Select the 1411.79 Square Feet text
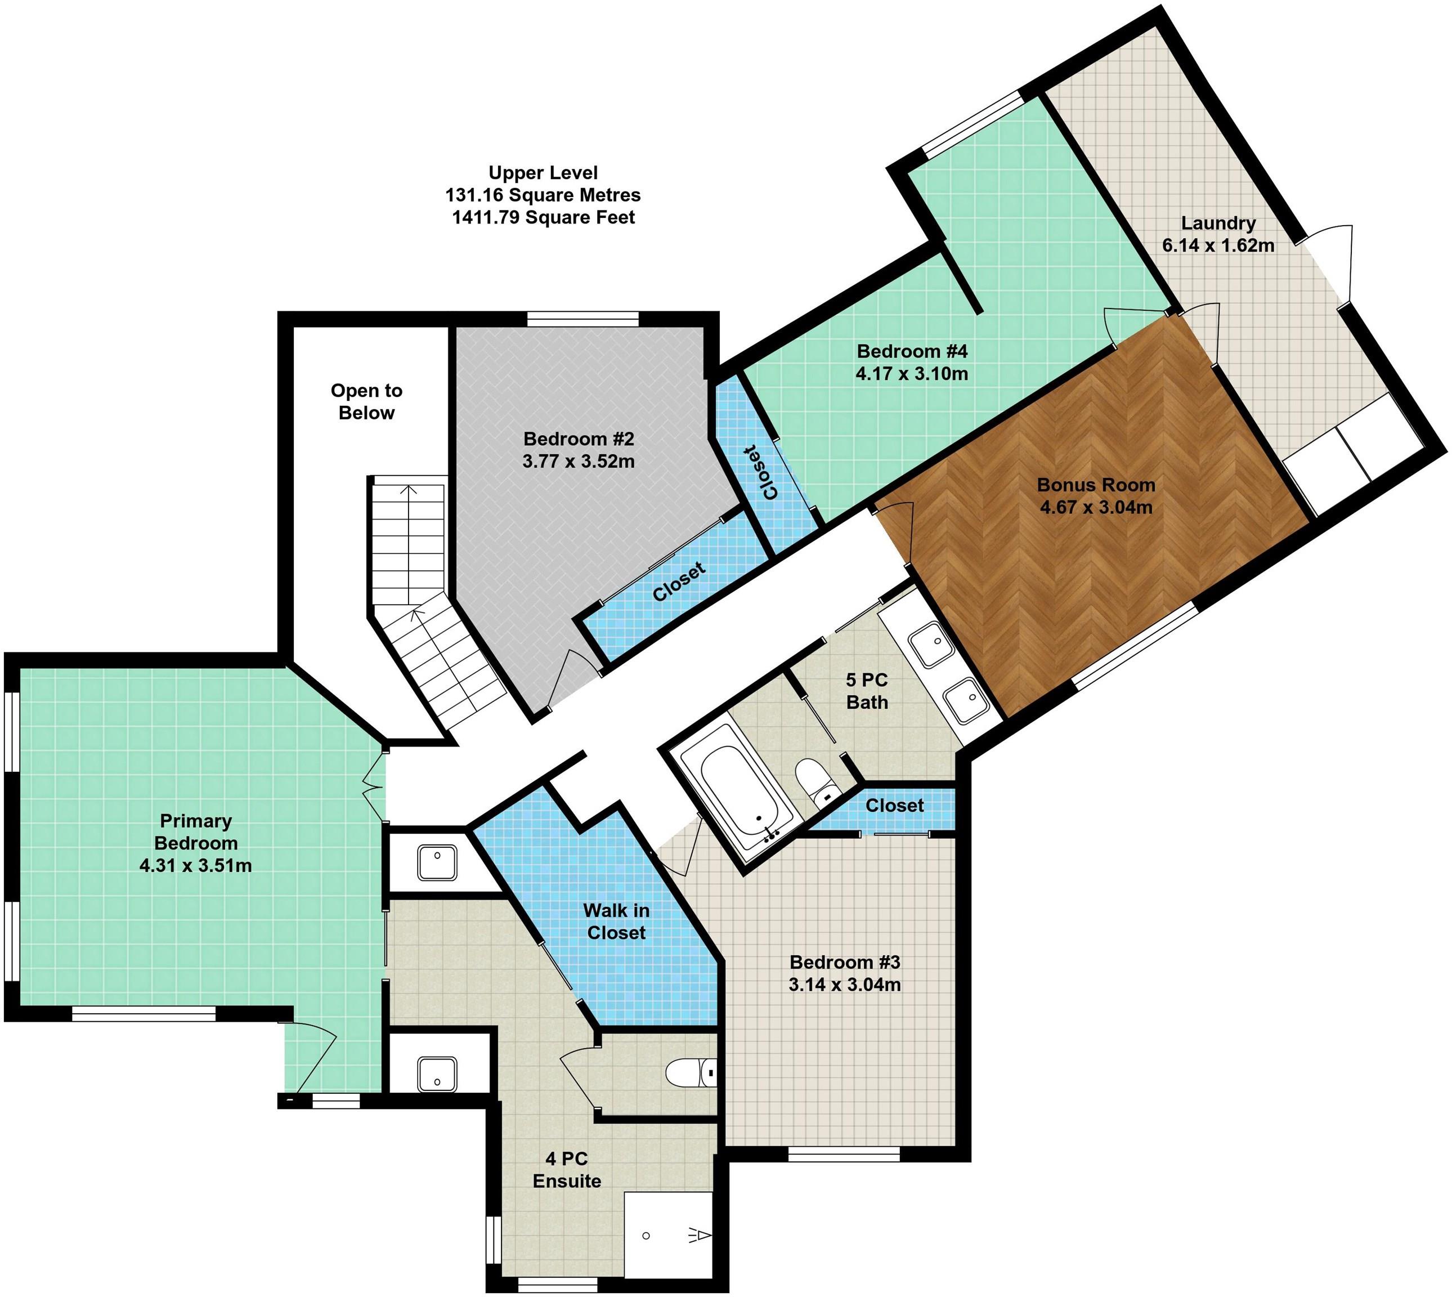tap(543, 217)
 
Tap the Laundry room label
tap(1218, 223)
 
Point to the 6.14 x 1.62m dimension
tap(1218, 245)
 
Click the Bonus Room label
tap(1096, 485)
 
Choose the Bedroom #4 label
tap(912, 351)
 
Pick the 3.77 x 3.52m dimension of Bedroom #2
tap(579, 461)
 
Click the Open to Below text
tap(366, 401)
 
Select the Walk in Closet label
tap(616, 922)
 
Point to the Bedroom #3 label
tap(845, 962)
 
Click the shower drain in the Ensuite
tap(646, 1236)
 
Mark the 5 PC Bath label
tap(867, 691)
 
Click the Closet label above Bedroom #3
tap(895, 806)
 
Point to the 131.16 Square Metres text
tap(543, 195)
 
